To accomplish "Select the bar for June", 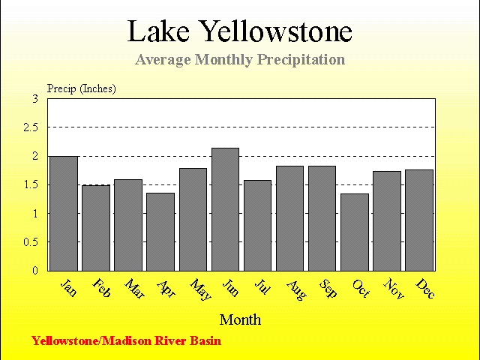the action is point(225,209).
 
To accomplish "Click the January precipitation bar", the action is point(64,214).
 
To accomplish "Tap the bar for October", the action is point(355,232).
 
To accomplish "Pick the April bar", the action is point(160,232).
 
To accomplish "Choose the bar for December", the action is point(419,220).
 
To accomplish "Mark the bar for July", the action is point(257,226).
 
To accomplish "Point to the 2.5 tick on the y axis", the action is point(31,127).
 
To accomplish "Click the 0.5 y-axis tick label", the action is point(31,242).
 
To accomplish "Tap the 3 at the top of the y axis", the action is point(35,99).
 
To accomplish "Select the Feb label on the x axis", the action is point(101,288).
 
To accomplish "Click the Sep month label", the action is point(328,288).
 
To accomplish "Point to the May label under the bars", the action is point(200,289).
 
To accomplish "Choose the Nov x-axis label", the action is point(394,288).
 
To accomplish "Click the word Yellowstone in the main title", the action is point(276,31).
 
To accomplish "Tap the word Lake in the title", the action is point(158,31).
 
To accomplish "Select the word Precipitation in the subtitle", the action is point(301,60).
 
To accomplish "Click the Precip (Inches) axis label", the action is point(82,88).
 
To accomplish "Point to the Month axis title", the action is point(240,320).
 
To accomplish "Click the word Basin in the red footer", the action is point(205,340).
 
